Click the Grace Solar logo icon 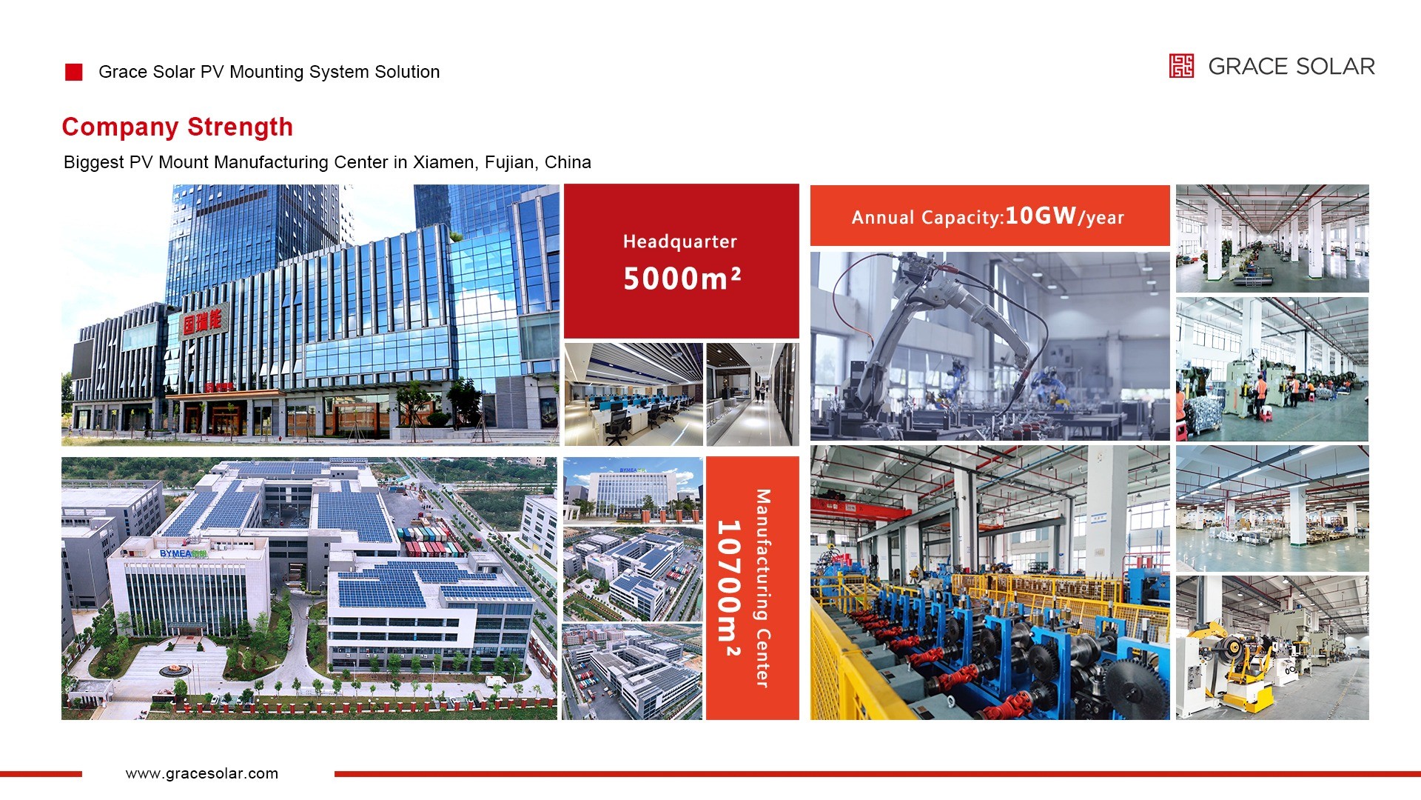[1181, 66]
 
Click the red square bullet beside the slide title [74, 72]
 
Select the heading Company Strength [178, 127]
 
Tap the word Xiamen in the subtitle [444, 162]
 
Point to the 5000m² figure [682, 279]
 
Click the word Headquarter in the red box [680, 241]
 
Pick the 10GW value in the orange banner [1041, 216]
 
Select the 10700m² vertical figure [729, 588]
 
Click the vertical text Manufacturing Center [763, 588]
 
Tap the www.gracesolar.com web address [202, 773]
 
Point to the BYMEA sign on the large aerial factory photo [184, 553]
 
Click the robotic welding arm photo [990, 346]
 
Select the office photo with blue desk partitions [634, 394]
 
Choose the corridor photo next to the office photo [753, 394]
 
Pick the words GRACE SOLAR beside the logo [1291, 67]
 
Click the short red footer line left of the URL [41, 774]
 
